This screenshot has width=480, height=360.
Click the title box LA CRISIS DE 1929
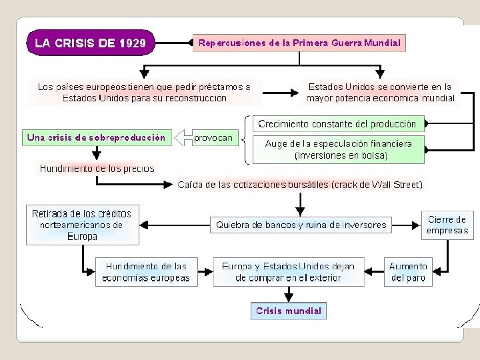pos(90,43)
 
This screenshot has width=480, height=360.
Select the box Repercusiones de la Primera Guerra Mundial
pos(299,43)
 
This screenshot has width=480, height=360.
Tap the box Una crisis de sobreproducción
pos(96,138)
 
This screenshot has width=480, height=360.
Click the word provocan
pos(213,138)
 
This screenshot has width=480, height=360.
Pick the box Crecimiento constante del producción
pos(337,124)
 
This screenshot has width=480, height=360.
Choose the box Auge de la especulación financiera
pos(339,149)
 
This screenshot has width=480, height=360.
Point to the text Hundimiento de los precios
pos(97,169)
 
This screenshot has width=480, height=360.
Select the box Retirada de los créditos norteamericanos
pos(82,225)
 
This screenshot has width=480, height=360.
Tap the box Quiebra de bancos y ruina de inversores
pos(301,225)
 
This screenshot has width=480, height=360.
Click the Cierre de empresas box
pos(447,225)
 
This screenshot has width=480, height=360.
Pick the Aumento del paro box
pos(408,271)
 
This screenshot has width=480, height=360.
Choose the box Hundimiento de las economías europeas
pos(147,271)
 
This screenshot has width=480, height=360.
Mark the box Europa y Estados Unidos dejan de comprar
pos(289,271)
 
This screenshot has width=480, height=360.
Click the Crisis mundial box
pos(289,311)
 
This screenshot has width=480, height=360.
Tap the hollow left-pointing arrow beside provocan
pos(182,138)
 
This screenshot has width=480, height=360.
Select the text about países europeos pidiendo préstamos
pos(144,92)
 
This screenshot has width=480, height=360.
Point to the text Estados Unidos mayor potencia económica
pos(380,92)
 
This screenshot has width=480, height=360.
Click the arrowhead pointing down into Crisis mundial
pos(289,297)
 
